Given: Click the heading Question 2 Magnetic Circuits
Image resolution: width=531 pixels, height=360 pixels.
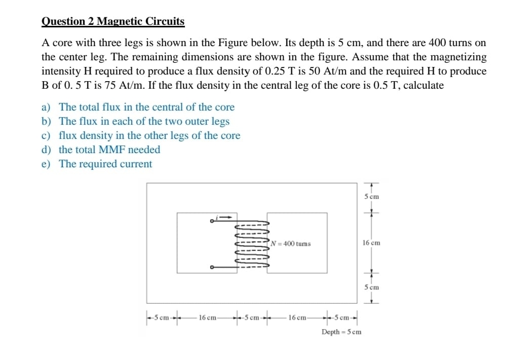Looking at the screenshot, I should (x=112, y=21).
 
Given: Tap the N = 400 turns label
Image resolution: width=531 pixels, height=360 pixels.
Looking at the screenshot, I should (x=291, y=244).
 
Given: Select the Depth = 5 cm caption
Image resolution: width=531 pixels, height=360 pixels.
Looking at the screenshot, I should (x=341, y=332).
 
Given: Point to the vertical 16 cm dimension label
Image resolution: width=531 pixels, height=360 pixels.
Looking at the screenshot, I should (x=371, y=243).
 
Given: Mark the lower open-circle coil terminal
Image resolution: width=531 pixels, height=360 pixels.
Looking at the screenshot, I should (x=212, y=268).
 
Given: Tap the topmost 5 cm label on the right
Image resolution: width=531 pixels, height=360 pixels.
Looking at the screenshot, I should (x=371, y=196).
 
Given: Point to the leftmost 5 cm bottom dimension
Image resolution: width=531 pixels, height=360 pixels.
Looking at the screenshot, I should (x=162, y=318).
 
